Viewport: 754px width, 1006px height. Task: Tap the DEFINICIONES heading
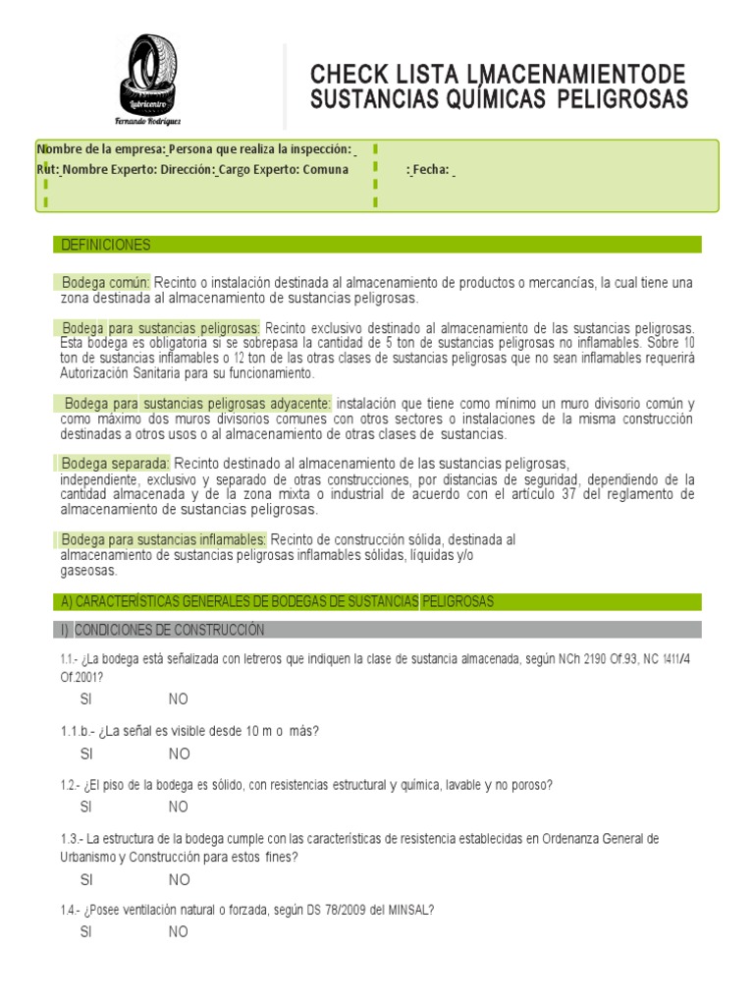coord(106,245)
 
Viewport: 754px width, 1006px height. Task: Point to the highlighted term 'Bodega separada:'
coord(115,464)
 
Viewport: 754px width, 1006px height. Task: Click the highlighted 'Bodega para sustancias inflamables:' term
coord(164,540)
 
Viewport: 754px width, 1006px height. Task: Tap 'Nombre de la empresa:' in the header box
coord(101,148)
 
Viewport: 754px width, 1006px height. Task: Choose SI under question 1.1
coord(86,699)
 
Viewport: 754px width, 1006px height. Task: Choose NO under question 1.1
coord(179,699)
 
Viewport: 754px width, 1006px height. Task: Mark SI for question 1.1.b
coord(86,754)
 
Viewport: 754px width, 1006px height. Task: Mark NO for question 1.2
coord(179,808)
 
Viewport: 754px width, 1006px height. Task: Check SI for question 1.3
coord(86,880)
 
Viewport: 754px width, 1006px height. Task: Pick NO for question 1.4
coord(179,932)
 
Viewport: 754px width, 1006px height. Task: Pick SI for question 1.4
coord(86,932)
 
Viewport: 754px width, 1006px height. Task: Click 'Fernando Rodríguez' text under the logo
coord(149,121)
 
